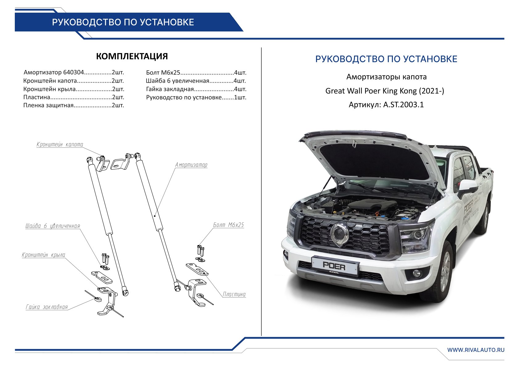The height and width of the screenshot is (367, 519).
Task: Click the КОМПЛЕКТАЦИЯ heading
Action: [x=132, y=56]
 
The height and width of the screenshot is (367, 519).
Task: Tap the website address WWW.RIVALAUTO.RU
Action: [x=476, y=350]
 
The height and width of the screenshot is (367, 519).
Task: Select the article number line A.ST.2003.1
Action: [x=386, y=105]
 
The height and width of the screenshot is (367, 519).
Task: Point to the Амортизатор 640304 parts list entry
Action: [x=74, y=72]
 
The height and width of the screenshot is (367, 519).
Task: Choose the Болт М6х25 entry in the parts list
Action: [x=196, y=73]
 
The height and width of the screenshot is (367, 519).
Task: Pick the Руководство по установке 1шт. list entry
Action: [x=196, y=97]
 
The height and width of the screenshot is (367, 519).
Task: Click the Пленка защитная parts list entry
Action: [x=74, y=105]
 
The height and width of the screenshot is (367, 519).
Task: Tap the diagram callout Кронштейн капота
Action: [x=60, y=144]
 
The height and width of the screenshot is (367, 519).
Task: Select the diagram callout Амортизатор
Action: [x=191, y=165]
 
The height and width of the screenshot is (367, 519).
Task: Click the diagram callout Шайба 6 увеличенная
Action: [x=52, y=226]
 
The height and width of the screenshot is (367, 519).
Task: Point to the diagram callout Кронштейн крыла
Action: [x=43, y=255]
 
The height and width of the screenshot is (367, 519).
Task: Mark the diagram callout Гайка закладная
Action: [x=47, y=307]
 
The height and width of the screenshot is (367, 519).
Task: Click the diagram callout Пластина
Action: [x=234, y=295]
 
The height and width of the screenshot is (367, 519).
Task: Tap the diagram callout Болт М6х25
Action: [x=229, y=225]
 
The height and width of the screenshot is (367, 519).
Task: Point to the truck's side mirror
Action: [x=468, y=187]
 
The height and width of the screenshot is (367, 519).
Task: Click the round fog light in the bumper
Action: [x=417, y=273]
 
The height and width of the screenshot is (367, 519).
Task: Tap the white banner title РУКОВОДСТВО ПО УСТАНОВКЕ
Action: [x=123, y=22]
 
